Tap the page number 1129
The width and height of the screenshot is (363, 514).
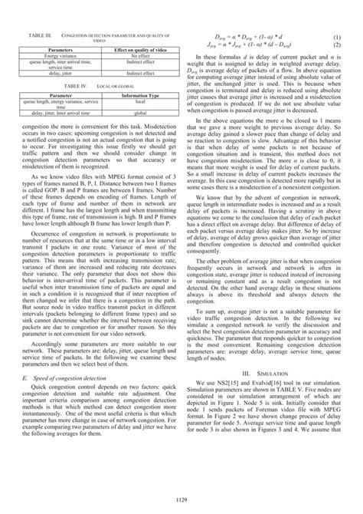181,499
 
